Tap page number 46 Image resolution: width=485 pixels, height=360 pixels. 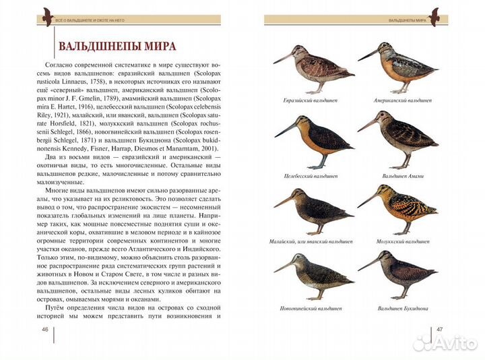45,329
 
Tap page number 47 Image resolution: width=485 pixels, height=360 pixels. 439,329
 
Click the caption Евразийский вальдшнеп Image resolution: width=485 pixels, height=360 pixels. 311,100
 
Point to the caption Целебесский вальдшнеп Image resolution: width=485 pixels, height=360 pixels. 311,176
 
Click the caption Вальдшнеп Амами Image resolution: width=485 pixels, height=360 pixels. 402,176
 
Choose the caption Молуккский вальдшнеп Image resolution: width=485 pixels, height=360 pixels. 402,241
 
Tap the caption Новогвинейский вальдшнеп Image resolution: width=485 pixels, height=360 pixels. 311,308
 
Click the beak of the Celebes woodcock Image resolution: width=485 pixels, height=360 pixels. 284,128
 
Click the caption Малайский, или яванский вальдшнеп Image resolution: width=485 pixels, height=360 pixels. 312,241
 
